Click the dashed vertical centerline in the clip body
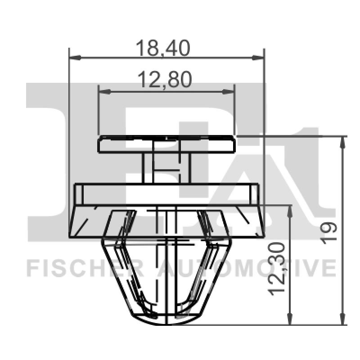coord(167,270)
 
